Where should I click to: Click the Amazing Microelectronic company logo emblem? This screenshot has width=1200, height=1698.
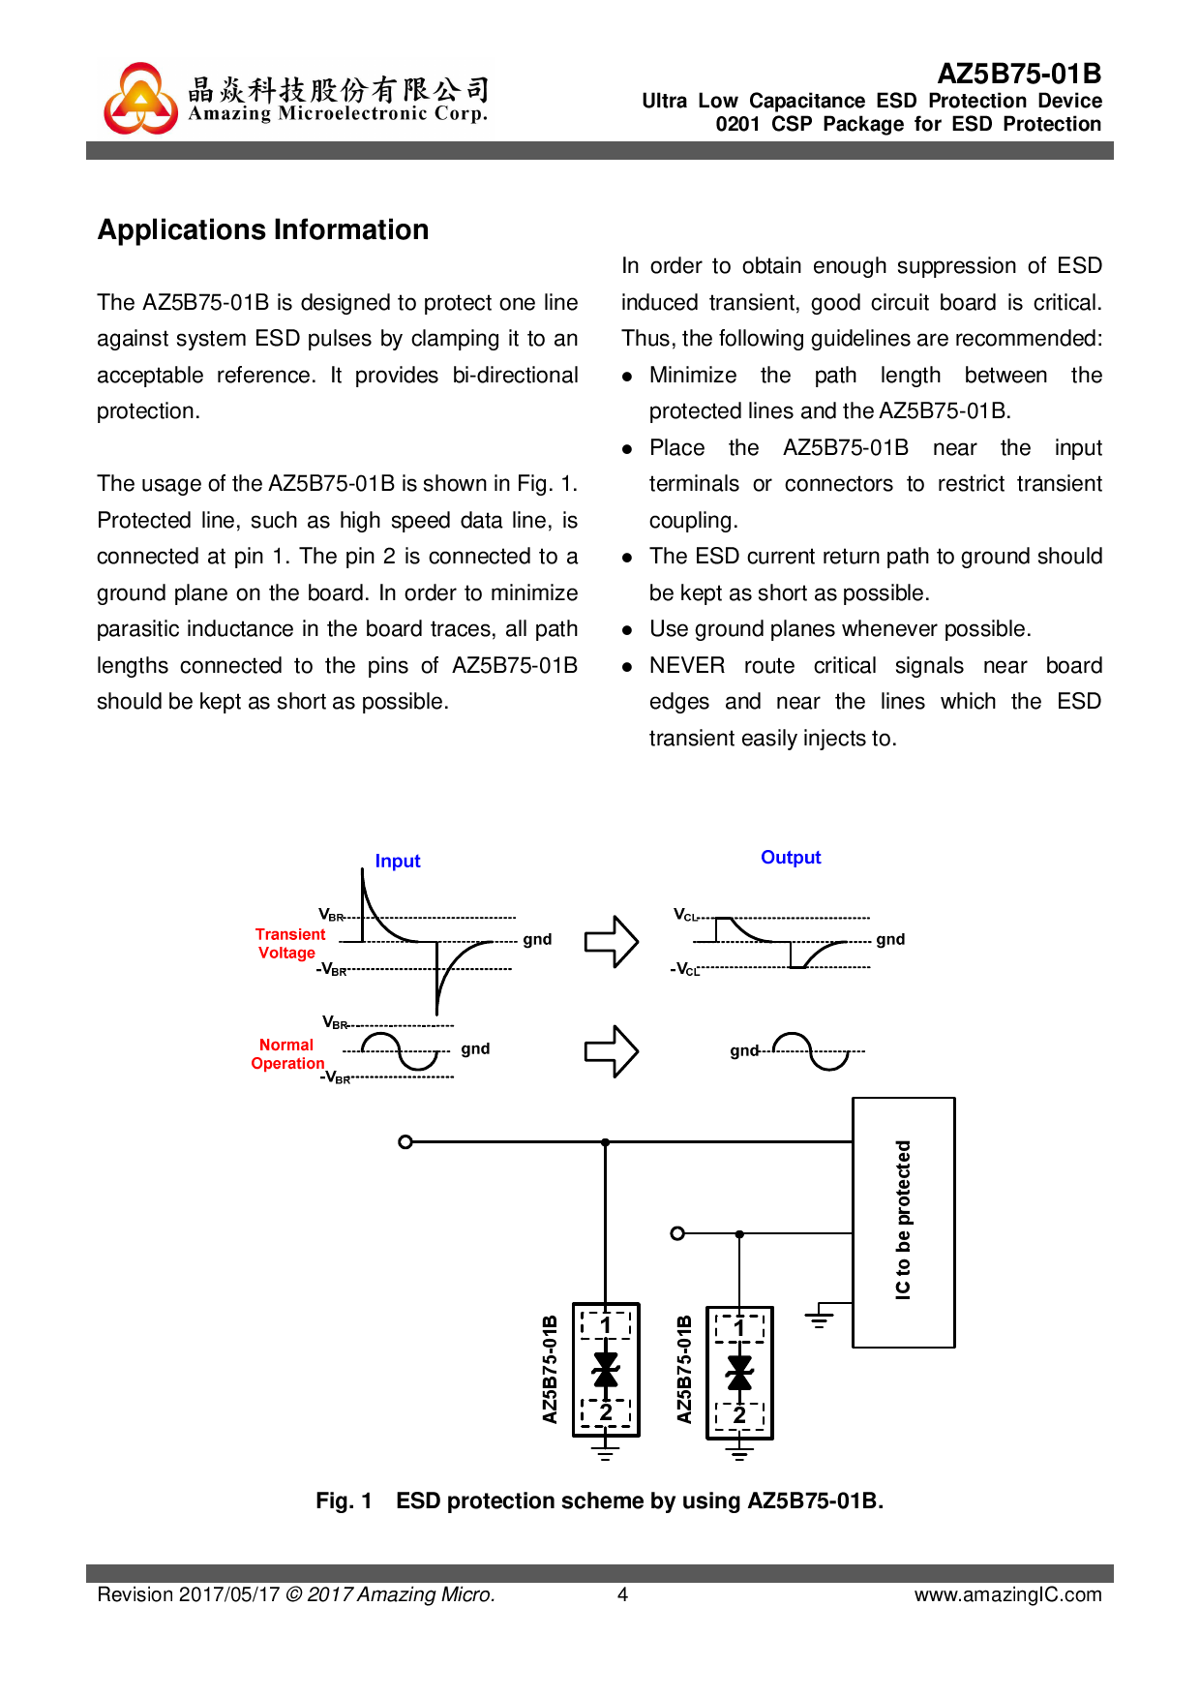point(141,99)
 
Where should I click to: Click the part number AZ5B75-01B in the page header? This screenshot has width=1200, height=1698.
point(1019,75)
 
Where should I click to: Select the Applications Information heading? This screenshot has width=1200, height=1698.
point(263,230)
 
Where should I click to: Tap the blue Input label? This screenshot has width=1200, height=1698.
point(398,862)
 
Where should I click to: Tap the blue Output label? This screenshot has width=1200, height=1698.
point(791,858)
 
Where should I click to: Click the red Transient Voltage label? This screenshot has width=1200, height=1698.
point(289,944)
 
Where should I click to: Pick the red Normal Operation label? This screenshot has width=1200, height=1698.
point(287,1054)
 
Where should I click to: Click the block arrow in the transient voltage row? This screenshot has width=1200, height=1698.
point(612,941)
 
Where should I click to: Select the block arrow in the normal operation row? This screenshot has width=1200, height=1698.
point(612,1051)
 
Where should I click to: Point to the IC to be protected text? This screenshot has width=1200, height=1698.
point(903,1220)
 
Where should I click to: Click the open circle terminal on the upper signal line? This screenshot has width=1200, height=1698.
point(405,1142)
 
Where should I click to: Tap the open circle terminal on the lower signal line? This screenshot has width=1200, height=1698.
point(677,1233)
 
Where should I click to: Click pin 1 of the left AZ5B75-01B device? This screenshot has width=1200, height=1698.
point(606,1324)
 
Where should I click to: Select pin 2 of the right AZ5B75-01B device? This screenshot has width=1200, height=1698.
point(739,1416)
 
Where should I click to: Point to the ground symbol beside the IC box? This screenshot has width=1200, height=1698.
point(819,1318)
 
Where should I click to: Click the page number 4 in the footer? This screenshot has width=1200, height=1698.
point(623,1594)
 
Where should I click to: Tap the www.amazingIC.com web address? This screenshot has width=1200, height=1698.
point(1007,1594)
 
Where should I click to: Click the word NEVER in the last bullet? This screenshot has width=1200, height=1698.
point(687,666)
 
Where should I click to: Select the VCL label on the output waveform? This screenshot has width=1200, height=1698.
point(685,915)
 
